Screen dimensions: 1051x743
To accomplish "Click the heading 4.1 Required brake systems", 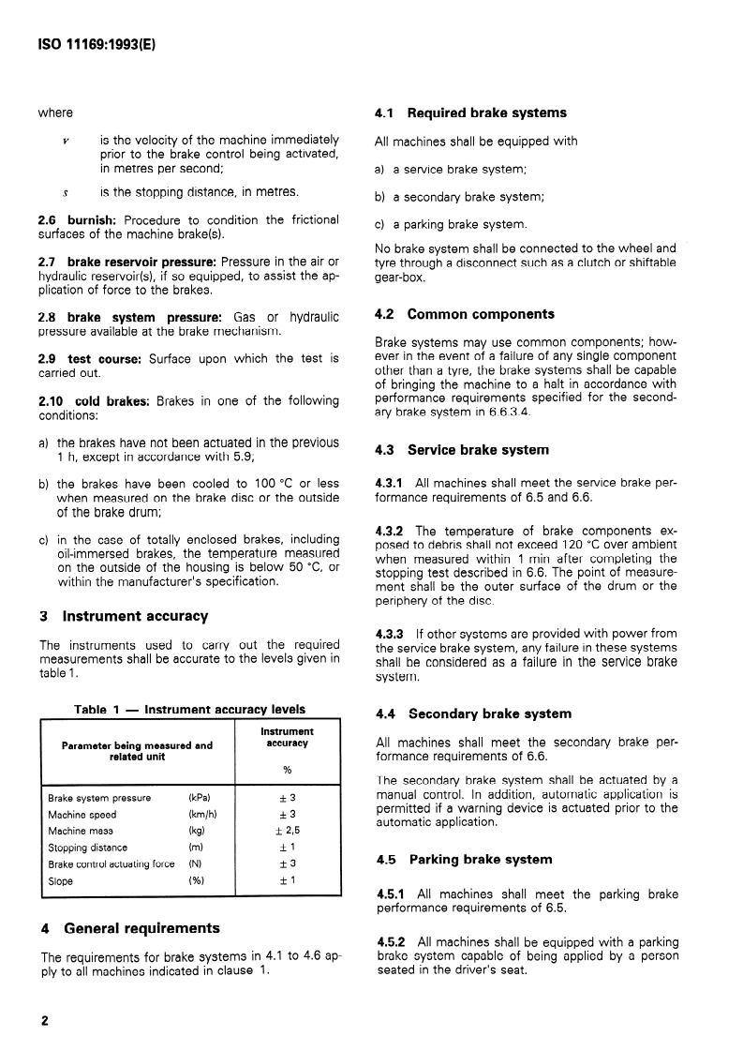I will (470, 113).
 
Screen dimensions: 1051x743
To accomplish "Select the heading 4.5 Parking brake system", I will (464, 859).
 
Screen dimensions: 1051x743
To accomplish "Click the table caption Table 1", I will (189, 709).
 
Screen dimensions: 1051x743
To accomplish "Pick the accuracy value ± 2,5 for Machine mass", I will (288, 831).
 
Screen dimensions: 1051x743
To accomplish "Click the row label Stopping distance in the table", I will (87, 848).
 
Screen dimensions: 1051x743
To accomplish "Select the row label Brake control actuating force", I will (111, 863).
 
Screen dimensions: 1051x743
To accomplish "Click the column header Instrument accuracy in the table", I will (287, 737).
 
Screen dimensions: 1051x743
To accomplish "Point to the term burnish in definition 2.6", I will (90, 220).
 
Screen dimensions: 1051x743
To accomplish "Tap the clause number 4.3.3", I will (390, 633).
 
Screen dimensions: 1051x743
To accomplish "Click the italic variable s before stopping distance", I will (65, 192).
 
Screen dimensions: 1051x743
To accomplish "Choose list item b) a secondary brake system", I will (459, 197).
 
